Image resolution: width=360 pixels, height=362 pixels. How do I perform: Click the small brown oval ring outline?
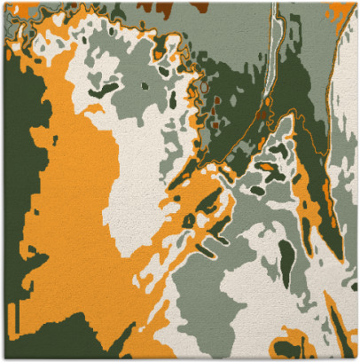[205, 88]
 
